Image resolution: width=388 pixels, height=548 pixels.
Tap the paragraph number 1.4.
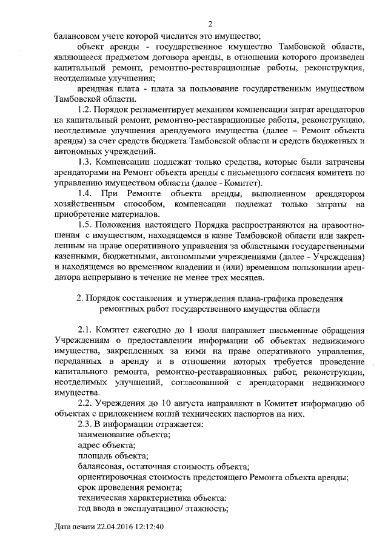(88, 193)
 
